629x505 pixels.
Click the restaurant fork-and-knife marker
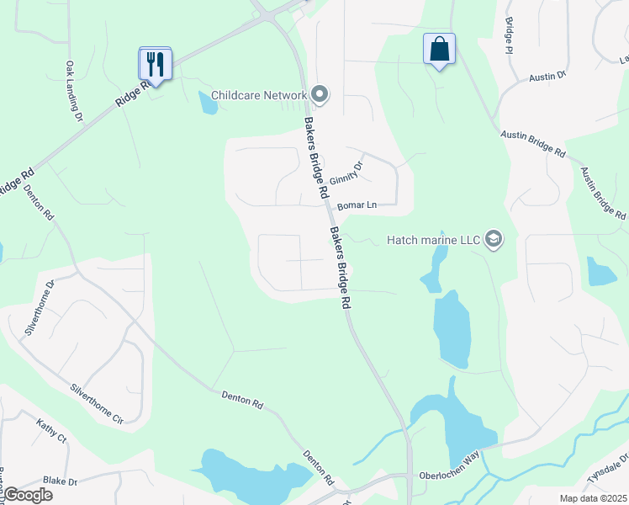click(x=155, y=63)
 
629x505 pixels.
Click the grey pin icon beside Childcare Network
click(x=319, y=94)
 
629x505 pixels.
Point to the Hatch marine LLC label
click(x=432, y=240)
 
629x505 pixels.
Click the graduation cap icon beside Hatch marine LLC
click(x=493, y=240)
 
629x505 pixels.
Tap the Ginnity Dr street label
click(x=346, y=173)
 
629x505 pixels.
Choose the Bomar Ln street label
click(x=355, y=205)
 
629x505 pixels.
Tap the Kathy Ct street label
click(x=50, y=431)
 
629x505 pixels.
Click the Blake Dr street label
click(x=60, y=481)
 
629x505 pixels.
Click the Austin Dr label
click(x=547, y=77)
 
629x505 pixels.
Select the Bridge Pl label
click(x=509, y=36)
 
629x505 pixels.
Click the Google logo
click(x=28, y=495)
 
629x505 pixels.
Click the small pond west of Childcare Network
click(x=207, y=103)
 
